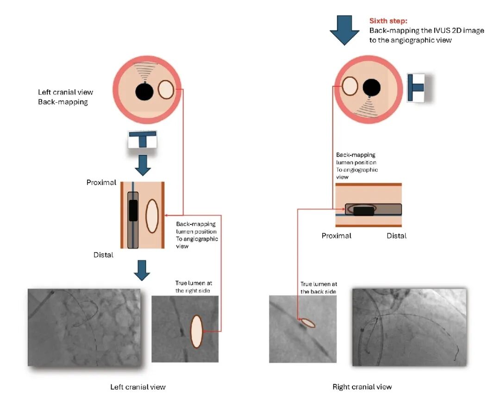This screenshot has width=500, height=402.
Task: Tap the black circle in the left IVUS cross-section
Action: [145, 91]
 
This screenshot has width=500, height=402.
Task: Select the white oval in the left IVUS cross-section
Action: [166, 90]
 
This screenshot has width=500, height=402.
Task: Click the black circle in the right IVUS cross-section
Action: [372, 87]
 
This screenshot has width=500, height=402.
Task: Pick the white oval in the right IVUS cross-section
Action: [350, 87]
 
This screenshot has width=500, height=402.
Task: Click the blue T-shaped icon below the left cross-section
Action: [143, 140]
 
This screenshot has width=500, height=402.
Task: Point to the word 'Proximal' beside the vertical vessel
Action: [101, 183]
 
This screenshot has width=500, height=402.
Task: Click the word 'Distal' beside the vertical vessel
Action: [103, 254]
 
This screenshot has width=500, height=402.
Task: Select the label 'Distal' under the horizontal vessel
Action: [397, 236]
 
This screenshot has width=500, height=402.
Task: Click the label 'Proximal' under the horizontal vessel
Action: [337, 236]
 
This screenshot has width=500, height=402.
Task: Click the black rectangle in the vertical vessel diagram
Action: [133, 210]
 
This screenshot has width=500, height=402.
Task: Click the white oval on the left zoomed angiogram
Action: [197, 332]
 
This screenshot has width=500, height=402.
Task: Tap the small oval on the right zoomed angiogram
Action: [307, 322]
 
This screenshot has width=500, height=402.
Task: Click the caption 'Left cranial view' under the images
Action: [137, 387]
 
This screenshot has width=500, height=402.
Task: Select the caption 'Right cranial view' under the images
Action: [362, 387]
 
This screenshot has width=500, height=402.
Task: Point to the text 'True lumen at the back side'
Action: [318, 288]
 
